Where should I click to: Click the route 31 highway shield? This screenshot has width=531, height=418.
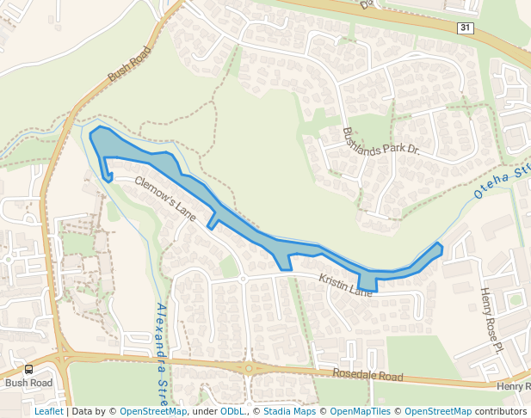coord(465,28)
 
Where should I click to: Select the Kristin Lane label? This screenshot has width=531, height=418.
coord(346,286)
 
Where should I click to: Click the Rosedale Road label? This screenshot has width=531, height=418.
coord(367,377)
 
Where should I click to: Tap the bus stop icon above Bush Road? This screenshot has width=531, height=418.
coord(29,369)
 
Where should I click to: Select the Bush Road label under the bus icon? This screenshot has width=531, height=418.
coord(28,383)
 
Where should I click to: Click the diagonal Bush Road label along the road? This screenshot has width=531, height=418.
coord(128,66)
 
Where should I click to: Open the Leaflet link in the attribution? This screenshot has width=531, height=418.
coord(49,411)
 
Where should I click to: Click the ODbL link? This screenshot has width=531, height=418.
coord(232,411)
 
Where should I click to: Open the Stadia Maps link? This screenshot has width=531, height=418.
coord(288,411)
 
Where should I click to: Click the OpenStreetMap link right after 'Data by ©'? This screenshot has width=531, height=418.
coord(153,411)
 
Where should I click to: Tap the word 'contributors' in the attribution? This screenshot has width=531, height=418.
coord(501,411)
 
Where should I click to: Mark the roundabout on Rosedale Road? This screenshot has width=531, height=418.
coord(249,367)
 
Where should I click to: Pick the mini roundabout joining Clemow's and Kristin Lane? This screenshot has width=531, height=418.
coord(244,279)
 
